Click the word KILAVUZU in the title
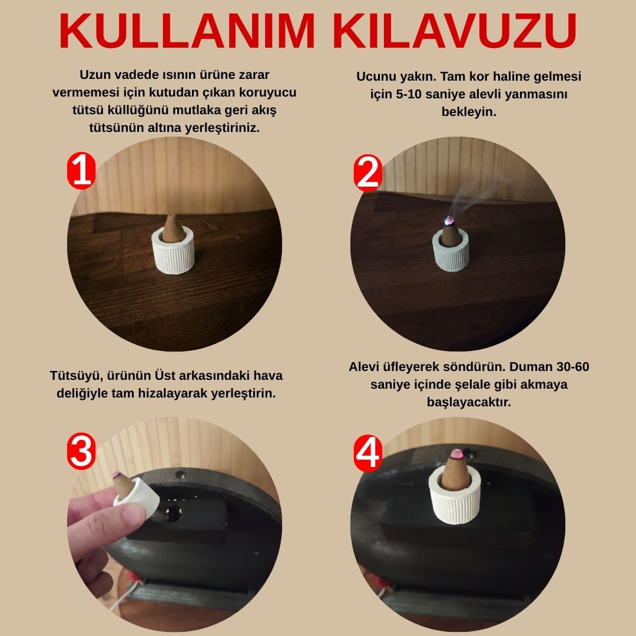[454, 31]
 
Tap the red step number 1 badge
[81, 171]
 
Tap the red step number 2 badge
[368, 173]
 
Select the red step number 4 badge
[368, 453]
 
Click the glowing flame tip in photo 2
[448, 220]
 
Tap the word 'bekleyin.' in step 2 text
[469, 112]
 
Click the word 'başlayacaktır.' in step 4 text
[469, 402]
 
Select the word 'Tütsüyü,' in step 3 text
[75, 376]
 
